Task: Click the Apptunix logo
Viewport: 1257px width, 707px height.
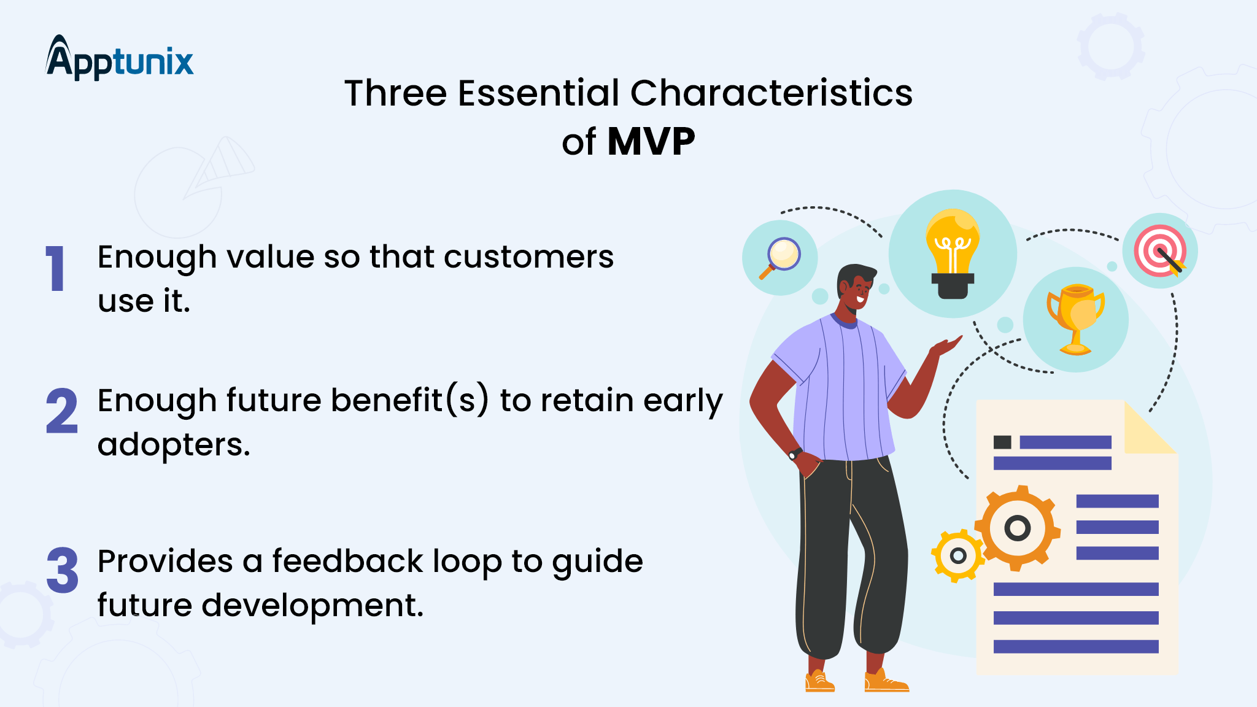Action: coord(120,60)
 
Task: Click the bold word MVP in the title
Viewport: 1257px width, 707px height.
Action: coord(651,142)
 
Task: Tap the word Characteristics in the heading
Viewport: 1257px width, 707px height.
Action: coord(771,93)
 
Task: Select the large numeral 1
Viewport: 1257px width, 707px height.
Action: coord(56,268)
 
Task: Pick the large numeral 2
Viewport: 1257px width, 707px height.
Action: coord(62,411)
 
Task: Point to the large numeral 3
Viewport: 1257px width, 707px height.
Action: coord(62,571)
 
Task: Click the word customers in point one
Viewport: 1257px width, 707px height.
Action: coord(528,257)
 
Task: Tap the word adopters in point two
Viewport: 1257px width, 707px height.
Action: coord(174,444)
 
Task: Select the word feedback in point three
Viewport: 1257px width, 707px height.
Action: coord(347,561)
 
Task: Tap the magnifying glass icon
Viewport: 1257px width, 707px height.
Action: coord(780,257)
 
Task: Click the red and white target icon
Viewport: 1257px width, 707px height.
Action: coord(1159,251)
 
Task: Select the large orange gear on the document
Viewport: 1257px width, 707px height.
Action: coord(1018,528)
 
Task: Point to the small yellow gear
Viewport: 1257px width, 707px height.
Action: coord(957,555)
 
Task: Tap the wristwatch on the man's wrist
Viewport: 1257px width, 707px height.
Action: coord(795,454)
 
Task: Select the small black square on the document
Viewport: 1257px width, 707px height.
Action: coord(1002,442)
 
